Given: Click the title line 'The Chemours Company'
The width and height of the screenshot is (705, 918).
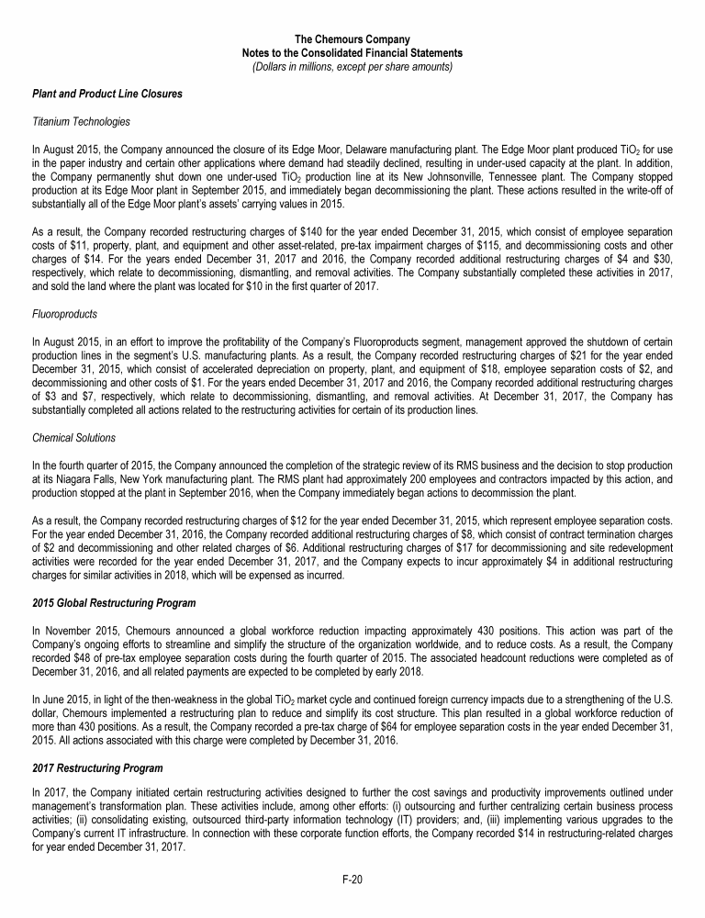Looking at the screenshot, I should point(352,39).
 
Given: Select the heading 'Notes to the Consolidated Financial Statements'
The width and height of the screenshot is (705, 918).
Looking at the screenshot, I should point(352,52).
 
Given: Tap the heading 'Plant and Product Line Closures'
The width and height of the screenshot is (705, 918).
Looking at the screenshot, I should point(106,94).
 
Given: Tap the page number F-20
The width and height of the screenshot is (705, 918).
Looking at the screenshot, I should point(352,879).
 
